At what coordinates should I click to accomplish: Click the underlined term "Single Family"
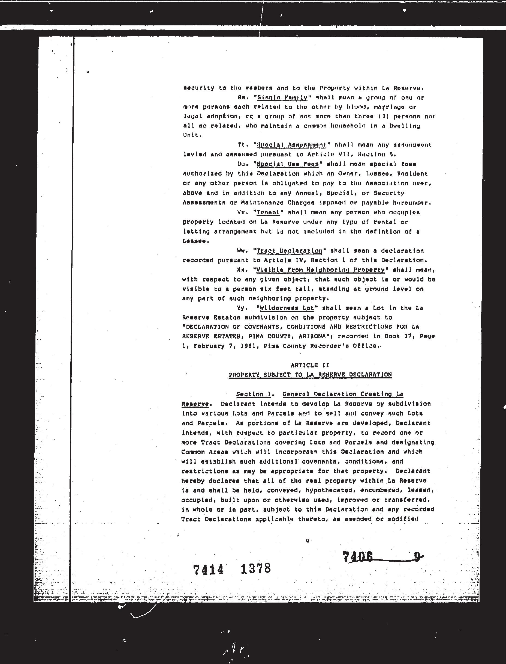[x=282, y=98]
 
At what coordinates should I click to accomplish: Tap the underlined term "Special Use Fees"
[x=288, y=164]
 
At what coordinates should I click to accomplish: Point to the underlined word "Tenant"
[x=268, y=212]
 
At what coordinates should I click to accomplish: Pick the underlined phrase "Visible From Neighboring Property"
[x=320, y=270]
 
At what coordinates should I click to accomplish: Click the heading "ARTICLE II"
[x=310, y=365]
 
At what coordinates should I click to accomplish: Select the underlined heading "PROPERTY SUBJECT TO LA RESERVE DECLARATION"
[x=310, y=375]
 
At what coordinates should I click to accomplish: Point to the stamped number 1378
[x=256, y=568]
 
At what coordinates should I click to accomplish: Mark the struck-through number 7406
[x=358, y=557]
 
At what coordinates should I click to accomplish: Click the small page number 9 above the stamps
[x=307, y=541]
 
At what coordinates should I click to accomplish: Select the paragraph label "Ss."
[x=242, y=98]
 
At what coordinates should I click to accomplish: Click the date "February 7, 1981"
[x=225, y=346]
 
